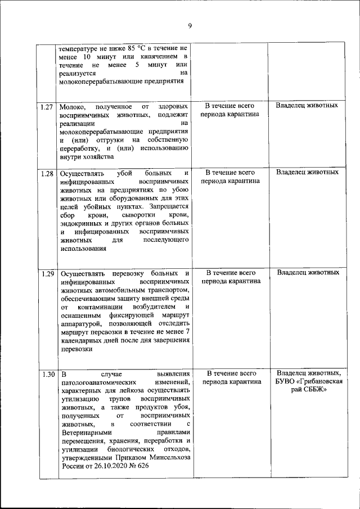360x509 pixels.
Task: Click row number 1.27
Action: (47, 106)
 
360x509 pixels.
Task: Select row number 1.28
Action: (47, 173)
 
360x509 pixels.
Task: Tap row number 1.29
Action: (47, 274)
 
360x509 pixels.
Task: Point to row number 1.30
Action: (47, 374)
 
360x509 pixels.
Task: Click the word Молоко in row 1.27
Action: (73, 106)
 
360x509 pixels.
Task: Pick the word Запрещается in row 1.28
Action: (169, 206)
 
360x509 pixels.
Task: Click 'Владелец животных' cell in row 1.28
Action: (308, 173)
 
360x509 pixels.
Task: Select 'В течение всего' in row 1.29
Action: (231, 273)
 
